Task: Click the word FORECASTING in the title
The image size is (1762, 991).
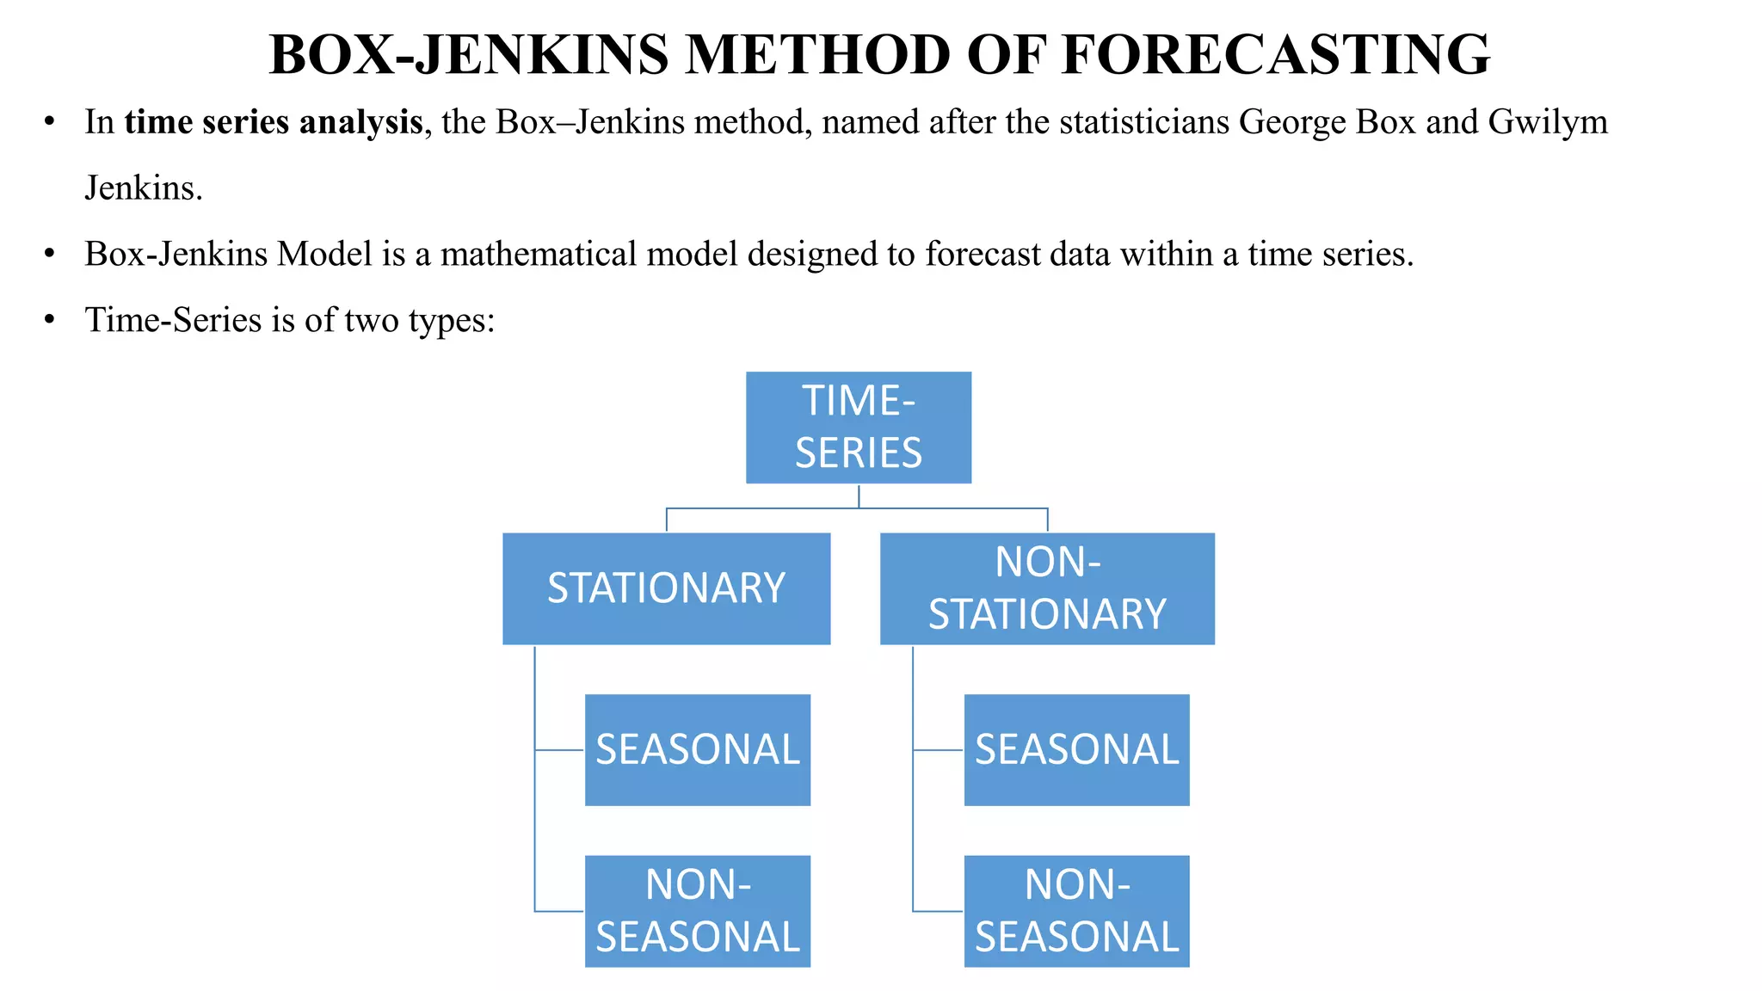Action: point(1275,55)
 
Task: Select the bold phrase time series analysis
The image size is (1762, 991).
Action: point(274,122)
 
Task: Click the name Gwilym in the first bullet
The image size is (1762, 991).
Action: point(1547,122)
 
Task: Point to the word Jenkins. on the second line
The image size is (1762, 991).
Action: point(144,188)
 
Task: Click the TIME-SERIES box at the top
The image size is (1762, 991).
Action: point(858,428)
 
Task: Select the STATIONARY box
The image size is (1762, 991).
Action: point(666,588)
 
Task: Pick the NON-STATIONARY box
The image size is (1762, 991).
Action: point(1047,588)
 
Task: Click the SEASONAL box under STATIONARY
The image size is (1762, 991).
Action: point(697,749)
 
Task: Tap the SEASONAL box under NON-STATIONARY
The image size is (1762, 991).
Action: point(1076,749)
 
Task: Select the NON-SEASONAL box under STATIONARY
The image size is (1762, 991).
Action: point(697,911)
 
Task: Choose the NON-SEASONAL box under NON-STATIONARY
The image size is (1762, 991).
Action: point(1076,911)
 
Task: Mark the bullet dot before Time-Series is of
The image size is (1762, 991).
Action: point(50,319)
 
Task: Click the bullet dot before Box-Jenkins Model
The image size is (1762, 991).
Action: point(50,253)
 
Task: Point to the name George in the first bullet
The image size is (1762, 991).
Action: point(1292,122)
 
